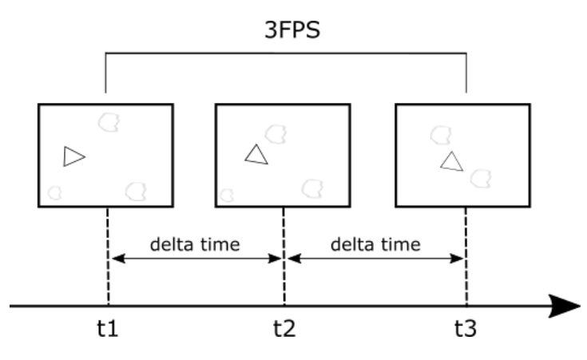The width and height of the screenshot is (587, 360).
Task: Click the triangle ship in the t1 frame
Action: pos(73,157)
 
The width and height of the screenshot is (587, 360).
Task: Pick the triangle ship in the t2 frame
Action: pos(256,155)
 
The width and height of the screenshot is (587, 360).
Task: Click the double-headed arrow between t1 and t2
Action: pos(196,259)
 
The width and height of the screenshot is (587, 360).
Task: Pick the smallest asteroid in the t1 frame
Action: pos(55,192)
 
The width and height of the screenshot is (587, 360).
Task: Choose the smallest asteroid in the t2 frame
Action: pos(227,194)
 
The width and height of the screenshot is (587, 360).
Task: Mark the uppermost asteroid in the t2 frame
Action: pos(276,133)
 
